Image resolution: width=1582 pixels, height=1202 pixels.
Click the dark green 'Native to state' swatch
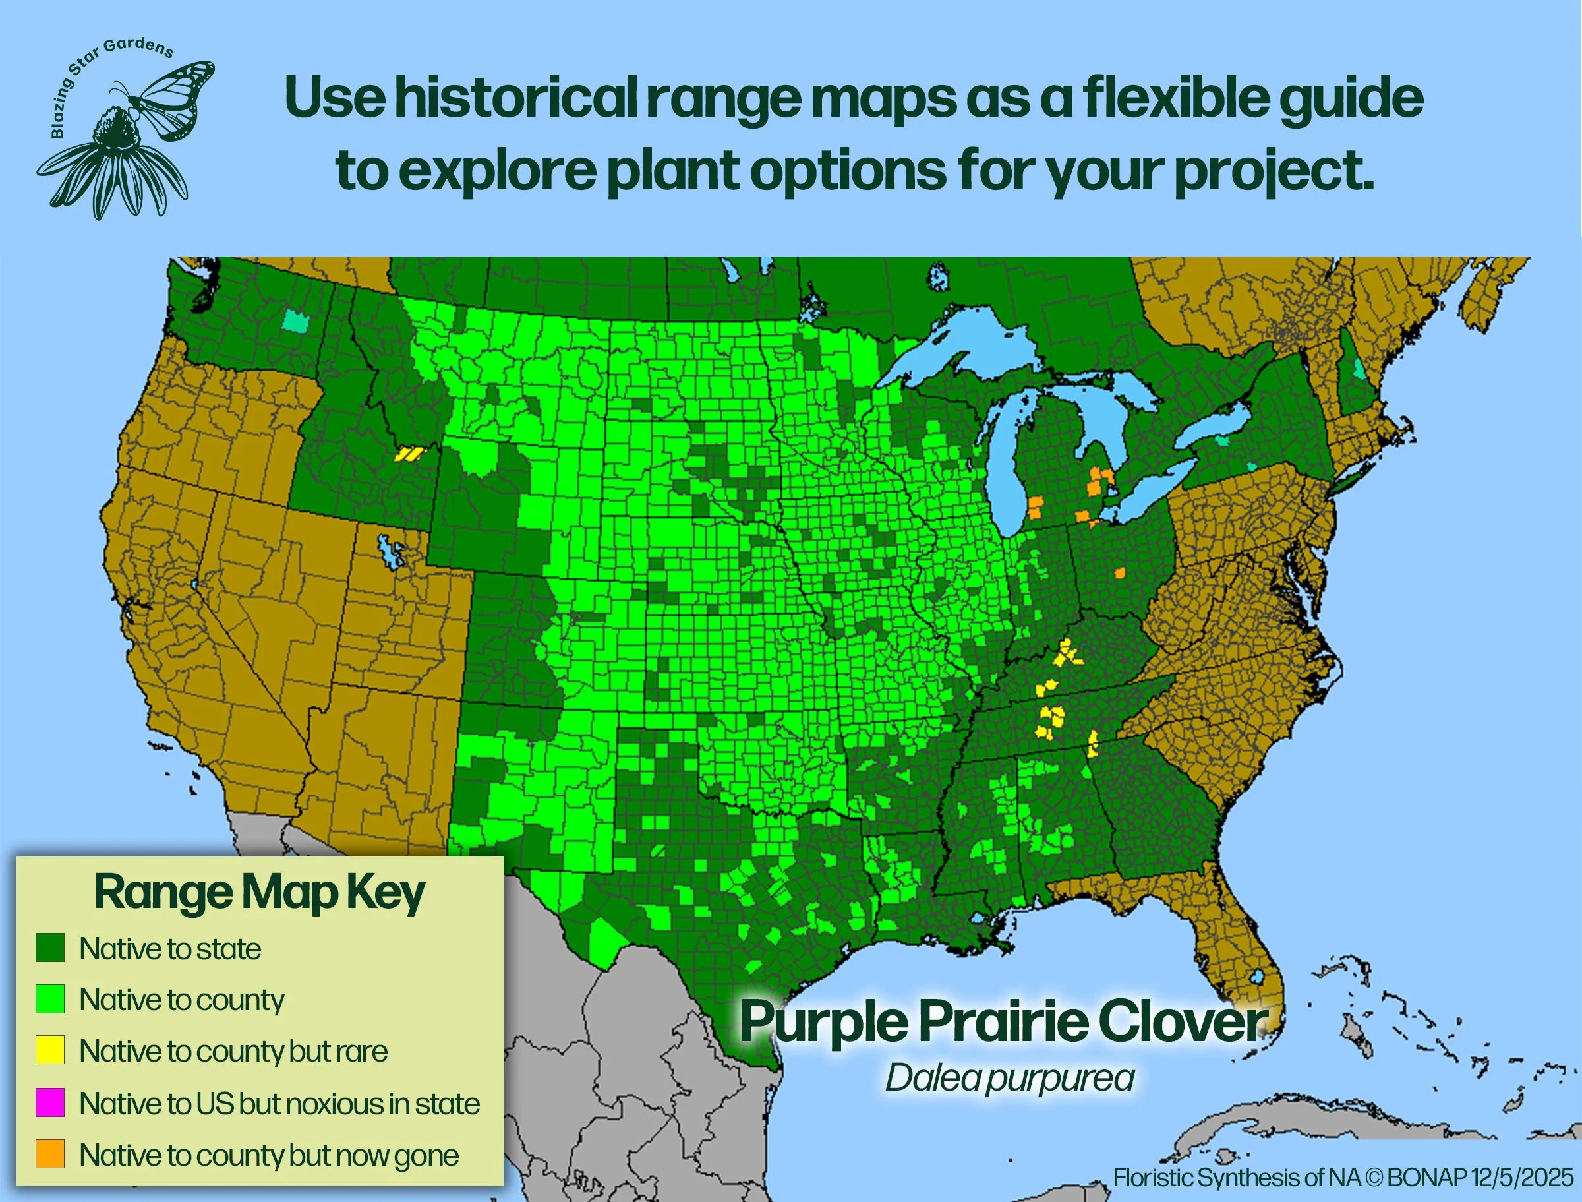pyautogui.click(x=50, y=947)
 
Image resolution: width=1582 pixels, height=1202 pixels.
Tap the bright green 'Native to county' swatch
pyautogui.click(x=50, y=999)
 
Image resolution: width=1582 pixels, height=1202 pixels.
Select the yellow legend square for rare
pyautogui.click(x=50, y=1050)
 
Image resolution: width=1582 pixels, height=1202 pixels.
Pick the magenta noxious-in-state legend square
pyautogui.click(x=50, y=1102)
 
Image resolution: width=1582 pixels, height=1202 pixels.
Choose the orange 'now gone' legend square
pyautogui.click(x=50, y=1154)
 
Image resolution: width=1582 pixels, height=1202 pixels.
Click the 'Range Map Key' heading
pyautogui.click(x=259, y=892)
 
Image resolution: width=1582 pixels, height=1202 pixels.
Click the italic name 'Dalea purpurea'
pyautogui.click(x=1009, y=1077)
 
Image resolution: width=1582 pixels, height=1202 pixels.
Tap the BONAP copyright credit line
pyautogui.click(x=1343, y=1177)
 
